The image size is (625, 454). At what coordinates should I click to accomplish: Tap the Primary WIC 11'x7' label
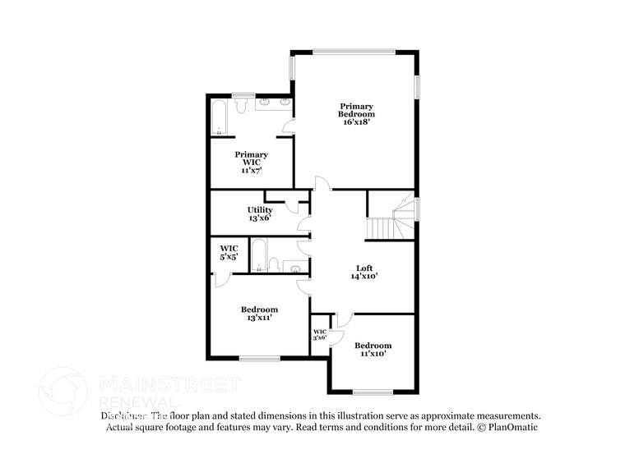coord(251,162)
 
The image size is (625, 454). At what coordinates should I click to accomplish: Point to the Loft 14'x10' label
coord(363,273)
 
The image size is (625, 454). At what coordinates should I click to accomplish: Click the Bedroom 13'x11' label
coord(259,314)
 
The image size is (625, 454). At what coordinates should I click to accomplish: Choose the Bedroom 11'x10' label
coord(373,350)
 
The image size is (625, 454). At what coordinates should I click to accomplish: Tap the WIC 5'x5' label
coord(229,252)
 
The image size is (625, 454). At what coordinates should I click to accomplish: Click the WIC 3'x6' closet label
coord(320,334)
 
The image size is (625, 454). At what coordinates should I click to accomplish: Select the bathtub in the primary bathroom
coord(220,118)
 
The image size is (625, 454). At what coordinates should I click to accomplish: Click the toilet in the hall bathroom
coord(275,265)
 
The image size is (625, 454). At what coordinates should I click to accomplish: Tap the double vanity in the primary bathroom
coord(273,103)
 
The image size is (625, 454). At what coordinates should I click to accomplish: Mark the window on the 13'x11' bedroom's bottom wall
coord(260,357)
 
